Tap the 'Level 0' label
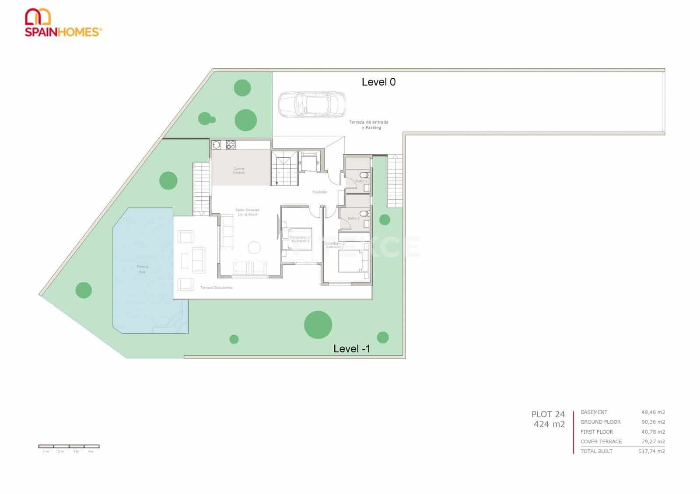tap(378, 82)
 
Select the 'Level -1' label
tap(352, 349)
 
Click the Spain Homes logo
tap(63, 23)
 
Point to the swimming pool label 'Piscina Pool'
tap(142, 269)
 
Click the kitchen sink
tap(217, 145)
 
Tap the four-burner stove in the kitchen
tap(231, 145)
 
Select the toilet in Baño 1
tap(368, 175)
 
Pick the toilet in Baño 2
tap(368, 213)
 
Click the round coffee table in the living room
tap(254, 248)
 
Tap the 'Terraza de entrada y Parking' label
tap(368, 125)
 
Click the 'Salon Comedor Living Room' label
tap(248, 212)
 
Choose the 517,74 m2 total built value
tap(651, 452)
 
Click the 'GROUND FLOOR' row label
tap(600, 422)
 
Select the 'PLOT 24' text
tap(548, 414)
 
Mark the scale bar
tap(69, 446)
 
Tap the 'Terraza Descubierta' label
tap(217, 288)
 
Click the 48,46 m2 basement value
tap(653, 412)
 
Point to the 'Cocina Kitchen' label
tap(239, 171)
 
